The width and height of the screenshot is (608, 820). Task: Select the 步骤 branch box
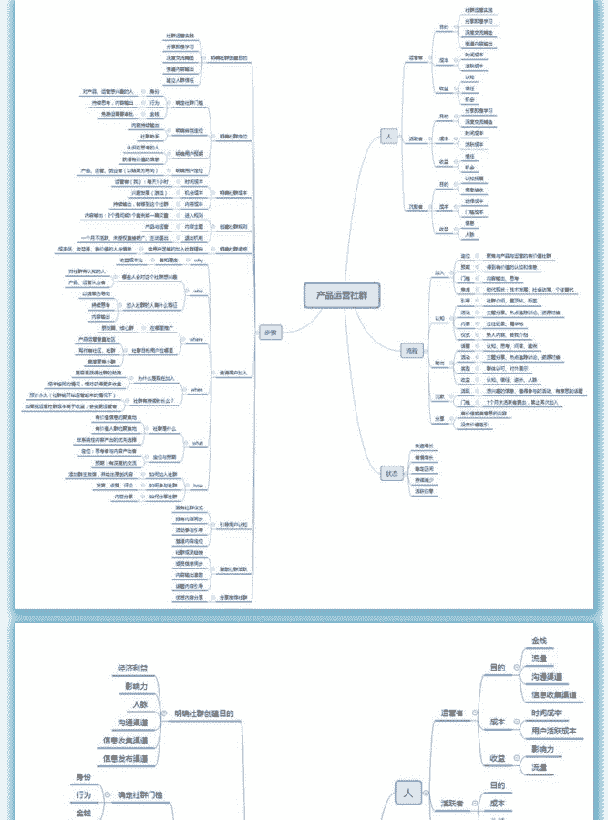pyautogui.click(x=269, y=332)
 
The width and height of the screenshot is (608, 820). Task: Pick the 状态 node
pyautogui.click(x=391, y=473)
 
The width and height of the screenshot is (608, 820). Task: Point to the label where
pyautogui.click(x=196, y=339)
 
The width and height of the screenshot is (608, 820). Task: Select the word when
pyautogui.click(x=196, y=388)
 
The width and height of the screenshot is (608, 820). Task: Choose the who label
pyautogui.click(x=198, y=292)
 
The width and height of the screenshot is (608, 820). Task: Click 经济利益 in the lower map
pyautogui.click(x=133, y=668)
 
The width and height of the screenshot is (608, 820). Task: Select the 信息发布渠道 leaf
pyautogui.click(x=125, y=758)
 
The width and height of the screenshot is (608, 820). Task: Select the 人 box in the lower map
pyautogui.click(x=407, y=794)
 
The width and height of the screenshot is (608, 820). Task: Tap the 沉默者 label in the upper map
pyautogui.click(x=416, y=207)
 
